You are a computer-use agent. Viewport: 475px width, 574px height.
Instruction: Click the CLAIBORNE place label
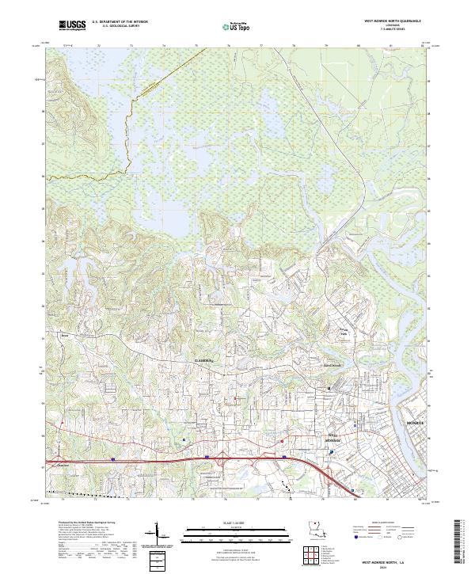205,359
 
